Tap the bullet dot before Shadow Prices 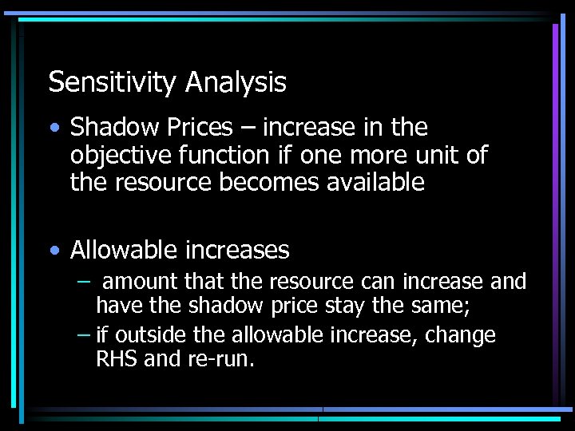[x=54, y=128]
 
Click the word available [x=379, y=183]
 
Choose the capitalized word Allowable [x=124, y=251]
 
